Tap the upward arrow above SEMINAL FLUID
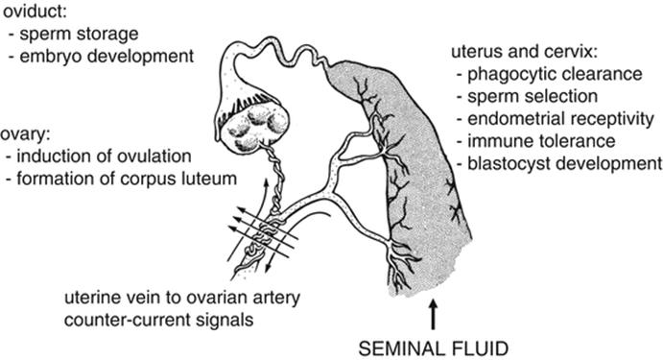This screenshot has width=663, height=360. [x=435, y=311]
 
